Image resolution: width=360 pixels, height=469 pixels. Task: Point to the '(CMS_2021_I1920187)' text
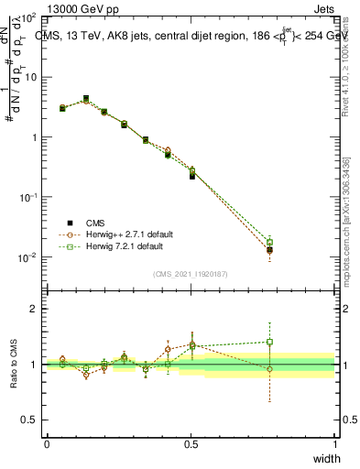tap(190, 273)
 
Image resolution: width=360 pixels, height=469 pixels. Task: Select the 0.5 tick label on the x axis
tap(191, 443)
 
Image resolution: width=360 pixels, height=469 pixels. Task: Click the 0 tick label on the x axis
tap(47, 443)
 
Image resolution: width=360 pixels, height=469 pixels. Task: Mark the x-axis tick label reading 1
tap(334, 443)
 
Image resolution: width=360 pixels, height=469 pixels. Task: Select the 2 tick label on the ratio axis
tap(34, 309)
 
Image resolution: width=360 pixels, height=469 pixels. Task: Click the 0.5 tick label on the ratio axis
tap(30, 420)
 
